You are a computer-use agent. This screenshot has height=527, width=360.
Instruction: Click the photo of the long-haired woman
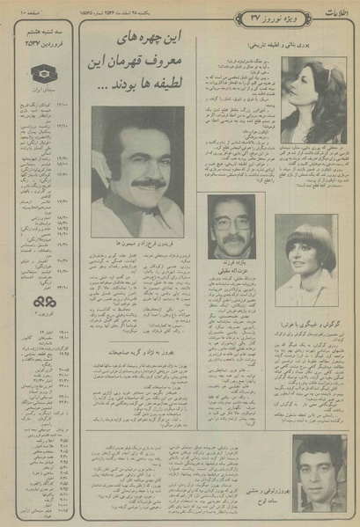(x=313, y=101)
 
